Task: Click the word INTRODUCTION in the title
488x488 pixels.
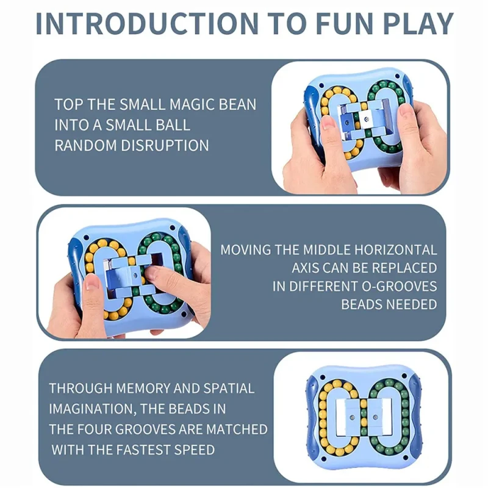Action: point(147,23)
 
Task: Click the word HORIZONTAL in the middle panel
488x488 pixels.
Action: point(395,249)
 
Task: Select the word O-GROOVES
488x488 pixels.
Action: point(400,286)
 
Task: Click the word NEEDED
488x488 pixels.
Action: point(412,304)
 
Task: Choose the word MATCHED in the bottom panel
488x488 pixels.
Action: point(237,429)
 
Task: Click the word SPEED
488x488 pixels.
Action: point(194,450)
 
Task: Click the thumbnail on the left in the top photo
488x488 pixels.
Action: point(327,123)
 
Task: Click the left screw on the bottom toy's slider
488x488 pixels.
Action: point(353,417)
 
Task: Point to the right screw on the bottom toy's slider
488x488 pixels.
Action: point(375,417)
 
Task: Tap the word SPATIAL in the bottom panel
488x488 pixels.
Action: point(229,388)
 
